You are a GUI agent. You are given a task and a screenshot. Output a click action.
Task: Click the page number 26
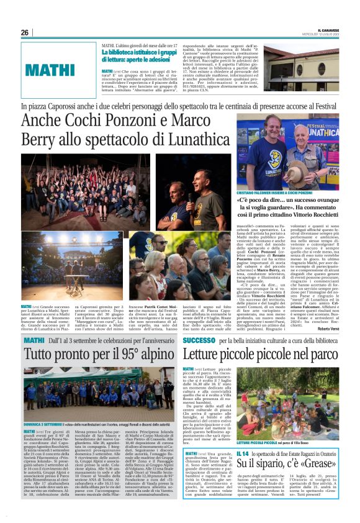pos(25,32)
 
